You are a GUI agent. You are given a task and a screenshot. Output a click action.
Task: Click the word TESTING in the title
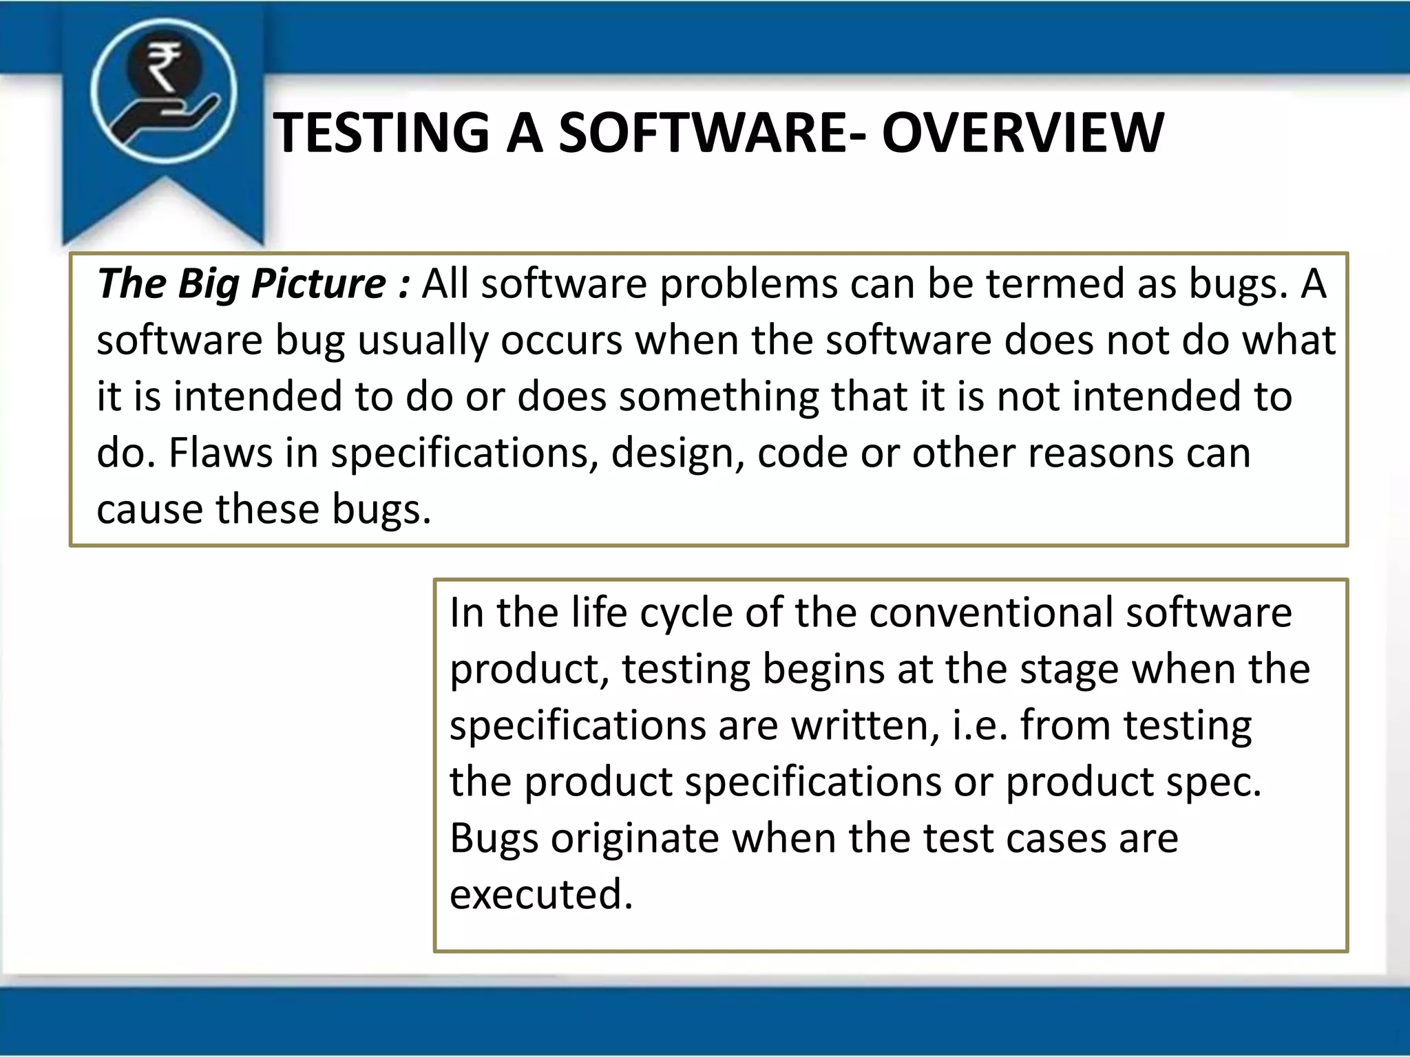point(381,133)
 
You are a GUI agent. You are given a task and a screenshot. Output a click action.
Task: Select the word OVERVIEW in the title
point(1023,133)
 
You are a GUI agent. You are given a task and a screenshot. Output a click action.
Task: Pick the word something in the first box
point(718,398)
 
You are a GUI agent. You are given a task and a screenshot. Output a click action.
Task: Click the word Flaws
point(220,453)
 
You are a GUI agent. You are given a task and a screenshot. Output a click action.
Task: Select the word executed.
point(541,895)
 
